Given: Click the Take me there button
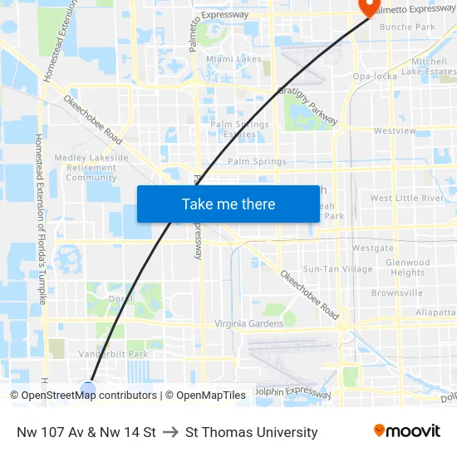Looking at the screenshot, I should [x=228, y=204].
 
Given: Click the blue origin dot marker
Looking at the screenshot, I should [x=88, y=388].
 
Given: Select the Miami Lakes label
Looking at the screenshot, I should [x=233, y=59].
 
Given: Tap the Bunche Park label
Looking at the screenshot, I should [x=407, y=27].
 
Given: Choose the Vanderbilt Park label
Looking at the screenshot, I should [x=113, y=353].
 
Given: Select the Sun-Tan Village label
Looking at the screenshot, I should [x=338, y=269].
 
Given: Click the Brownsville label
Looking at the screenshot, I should [x=397, y=293].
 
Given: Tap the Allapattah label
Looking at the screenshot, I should [x=437, y=312].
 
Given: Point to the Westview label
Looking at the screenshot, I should [x=395, y=130].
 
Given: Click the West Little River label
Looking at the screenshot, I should [x=407, y=199].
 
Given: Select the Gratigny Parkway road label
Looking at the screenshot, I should [x=308, y=106].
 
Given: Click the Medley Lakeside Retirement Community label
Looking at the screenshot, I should [x=91, y=167].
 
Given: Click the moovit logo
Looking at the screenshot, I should [x=406, y=431].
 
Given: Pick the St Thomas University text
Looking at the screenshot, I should [x=252, y=432].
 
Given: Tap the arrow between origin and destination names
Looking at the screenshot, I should [x=171, y=432].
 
